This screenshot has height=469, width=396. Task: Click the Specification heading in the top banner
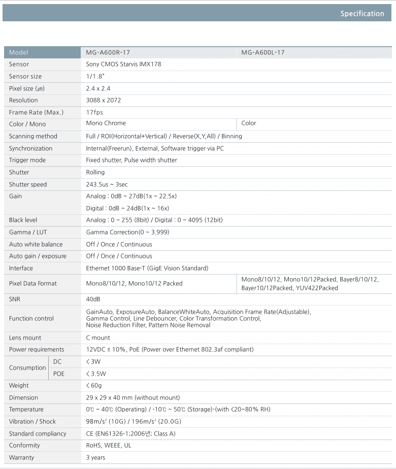click(362, 14)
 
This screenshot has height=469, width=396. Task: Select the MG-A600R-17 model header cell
click(108, 52)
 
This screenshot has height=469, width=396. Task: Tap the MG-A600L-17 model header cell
click(263, 52)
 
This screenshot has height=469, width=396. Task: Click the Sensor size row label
click(25, 76)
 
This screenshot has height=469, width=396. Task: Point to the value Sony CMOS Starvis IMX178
click(123, 64)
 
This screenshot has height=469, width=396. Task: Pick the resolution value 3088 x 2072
click(104, 100)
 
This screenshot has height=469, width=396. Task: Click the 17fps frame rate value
click(94, 112)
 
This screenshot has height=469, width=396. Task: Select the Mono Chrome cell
click(106, 123)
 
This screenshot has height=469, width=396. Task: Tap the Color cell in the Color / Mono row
click(249, 123)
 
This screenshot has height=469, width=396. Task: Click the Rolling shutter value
click(95, 173)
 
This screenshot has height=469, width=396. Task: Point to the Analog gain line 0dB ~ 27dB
click(131, 196)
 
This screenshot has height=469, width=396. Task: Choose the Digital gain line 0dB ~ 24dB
click(127, 208)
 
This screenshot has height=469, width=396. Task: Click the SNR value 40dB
click(93, 299)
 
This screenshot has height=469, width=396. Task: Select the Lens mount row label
click(25, 338)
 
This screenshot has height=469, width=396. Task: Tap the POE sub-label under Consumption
click(59, 374)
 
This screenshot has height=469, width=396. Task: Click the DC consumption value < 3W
click(93, 362)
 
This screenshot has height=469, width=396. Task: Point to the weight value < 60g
click(94, 386)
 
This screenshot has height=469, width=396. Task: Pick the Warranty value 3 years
click(96, 458)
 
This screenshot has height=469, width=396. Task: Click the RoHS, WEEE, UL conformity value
click(109, 446)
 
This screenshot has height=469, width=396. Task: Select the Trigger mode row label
click(27, 160)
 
